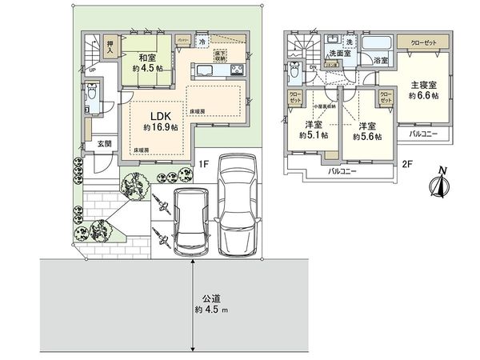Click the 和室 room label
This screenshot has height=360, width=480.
tap(146, 58)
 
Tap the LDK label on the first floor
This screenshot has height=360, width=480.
tap(158, 117)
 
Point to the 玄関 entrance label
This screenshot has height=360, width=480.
tap(105, 144)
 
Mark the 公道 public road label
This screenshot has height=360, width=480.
tap(211, 295)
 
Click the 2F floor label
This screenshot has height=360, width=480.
tap(406, 165)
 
